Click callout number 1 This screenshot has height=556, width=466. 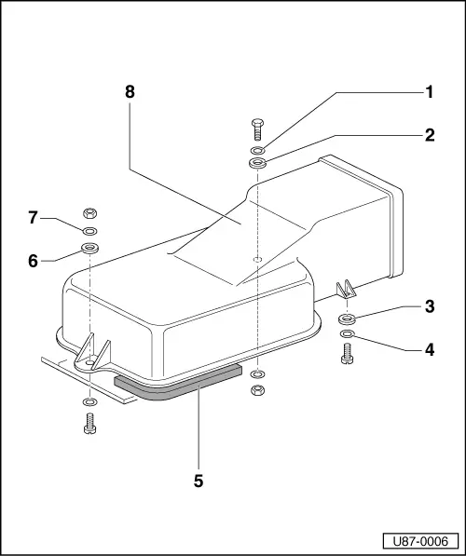pos(430,92)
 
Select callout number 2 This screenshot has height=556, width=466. pos(430,134)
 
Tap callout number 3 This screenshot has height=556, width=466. pos(430,306)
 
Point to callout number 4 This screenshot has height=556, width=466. pos(430,350)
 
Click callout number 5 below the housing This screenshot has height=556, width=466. pos(198,481)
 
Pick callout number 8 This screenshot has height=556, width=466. pos(129,92)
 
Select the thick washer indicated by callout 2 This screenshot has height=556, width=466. pos(258,165)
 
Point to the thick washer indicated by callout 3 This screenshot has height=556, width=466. pos(348,319)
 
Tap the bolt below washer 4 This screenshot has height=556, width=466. pos(348,354)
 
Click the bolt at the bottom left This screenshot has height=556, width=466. pos(89,422)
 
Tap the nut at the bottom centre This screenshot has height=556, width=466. pos(259,388)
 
